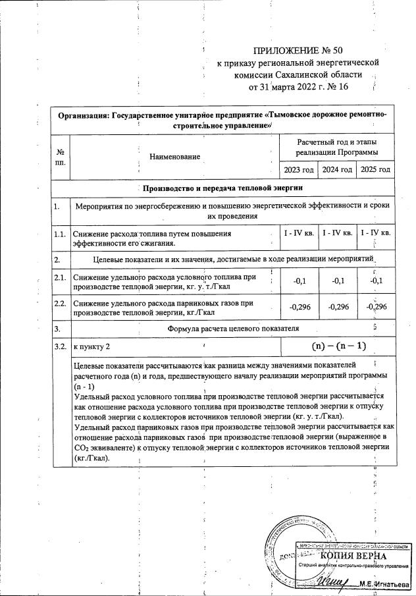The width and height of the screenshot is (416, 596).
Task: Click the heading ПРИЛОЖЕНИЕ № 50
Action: (x=298, y=50)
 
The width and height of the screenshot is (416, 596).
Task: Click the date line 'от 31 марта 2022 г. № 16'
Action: (x=298, y=86)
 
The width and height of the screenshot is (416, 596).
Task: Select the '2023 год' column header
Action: (x=299, y=170)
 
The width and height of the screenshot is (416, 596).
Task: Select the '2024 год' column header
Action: (x=337, y=170)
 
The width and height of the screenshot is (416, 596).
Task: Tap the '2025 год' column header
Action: (x=375, y=170)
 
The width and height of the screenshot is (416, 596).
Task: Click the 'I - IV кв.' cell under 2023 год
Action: (x=299, y=233)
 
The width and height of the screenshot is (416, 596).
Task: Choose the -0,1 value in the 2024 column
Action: (x=337, y=281)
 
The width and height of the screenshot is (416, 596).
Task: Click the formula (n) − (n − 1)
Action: (x=338, y=346)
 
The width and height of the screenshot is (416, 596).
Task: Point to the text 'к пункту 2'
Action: (x=91, y=346)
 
